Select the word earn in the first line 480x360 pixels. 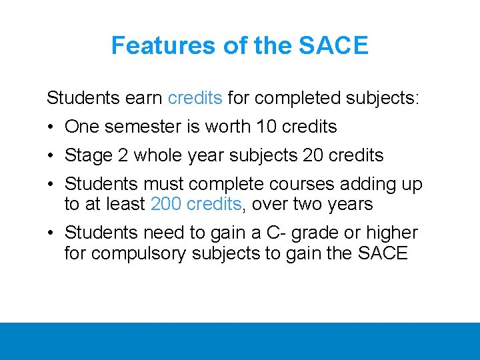tap(142, 99)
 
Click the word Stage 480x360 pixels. tap(88, 155)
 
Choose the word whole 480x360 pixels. tap(161, 155)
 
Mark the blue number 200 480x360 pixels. tap(165, 204)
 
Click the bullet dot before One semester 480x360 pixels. tap(51, 127)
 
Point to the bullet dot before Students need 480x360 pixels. tap(51, 233)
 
